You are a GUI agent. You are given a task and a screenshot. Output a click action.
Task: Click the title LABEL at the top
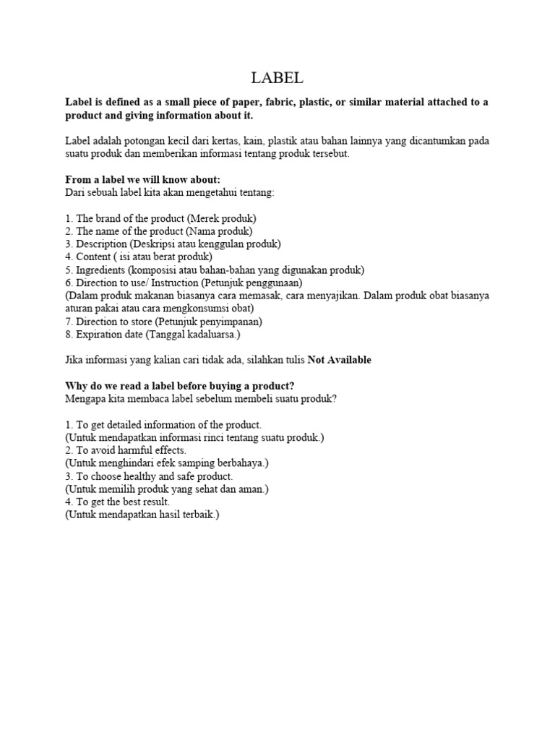click(x=277, y=77)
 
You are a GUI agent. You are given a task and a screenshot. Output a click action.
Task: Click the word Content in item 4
click(x=93, y=257)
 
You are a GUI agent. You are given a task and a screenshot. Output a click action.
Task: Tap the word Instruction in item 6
click(x=174, y=283)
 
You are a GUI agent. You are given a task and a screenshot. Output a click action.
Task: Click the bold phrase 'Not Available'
click(x=340, y=360)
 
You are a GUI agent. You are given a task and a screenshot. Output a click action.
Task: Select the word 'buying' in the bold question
click(x=226, y=386)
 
